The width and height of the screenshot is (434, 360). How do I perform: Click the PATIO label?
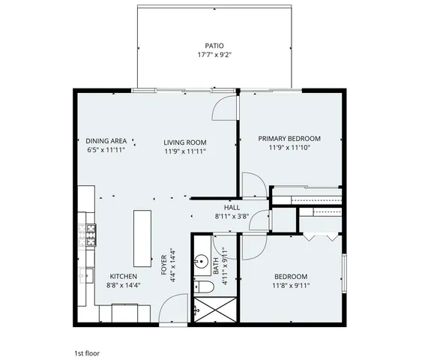pyautogui.click(x=214, y=45)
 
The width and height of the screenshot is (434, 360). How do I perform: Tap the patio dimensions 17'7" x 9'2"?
pyautogui.click(x=214, y=55)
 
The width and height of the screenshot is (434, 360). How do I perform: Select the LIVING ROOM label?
pyautogui.click(x=185, y=142)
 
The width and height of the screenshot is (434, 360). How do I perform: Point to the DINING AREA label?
pyautogui.click(x=106, y=141)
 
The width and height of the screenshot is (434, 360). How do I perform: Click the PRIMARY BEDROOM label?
pyautogui.click(x=289, y=138)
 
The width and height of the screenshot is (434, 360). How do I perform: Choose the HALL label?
pyautogui.click(x=232, y=207)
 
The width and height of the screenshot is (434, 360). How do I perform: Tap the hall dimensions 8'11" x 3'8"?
pyautogui.click(x=232, y=216)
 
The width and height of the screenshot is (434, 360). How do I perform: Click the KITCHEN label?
pyautogui.click(x=124, y=276)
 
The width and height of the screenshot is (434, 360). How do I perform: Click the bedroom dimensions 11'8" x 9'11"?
pyautogui.click(x=291, y=285)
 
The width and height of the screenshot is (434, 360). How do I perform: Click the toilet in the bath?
pyautogui.click(x=200, y=287)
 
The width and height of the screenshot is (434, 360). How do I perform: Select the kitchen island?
pyautogui.click(x=142, y=237)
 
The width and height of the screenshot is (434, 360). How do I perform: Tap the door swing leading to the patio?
pyautogui.click(x=222, y=109)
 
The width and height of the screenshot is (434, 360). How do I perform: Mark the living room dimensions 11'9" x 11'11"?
pyautogui.click(x=185, y=151)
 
